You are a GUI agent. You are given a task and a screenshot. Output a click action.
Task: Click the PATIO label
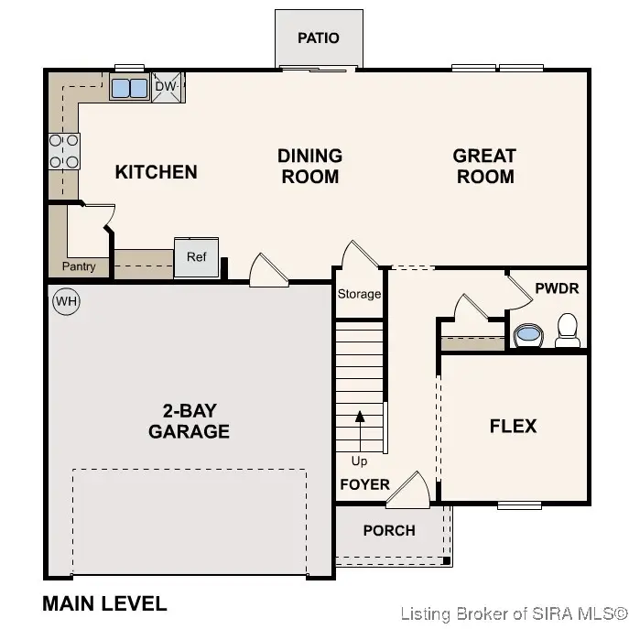(319, 38)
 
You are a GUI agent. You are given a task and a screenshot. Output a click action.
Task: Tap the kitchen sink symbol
(129, 88)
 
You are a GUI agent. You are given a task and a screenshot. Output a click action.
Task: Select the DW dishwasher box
(166, 87)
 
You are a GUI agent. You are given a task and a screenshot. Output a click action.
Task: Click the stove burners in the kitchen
(64, 151)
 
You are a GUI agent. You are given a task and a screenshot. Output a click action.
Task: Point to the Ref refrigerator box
(197, 257)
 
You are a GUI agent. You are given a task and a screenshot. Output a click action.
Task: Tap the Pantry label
(79, 267)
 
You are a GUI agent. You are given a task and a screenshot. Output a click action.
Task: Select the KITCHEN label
(156, 172)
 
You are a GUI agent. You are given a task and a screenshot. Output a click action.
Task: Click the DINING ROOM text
(309, 167)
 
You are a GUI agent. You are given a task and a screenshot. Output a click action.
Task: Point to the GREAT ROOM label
(484, 167)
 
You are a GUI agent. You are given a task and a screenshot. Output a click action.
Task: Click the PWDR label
(557, 288)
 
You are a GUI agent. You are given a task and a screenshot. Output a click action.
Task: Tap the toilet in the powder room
(568, 330)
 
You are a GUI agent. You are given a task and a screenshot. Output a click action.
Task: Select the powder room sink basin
(527, 334)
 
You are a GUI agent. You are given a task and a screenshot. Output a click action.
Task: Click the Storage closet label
(359, 294)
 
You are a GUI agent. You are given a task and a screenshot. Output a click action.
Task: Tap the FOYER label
(364, 484)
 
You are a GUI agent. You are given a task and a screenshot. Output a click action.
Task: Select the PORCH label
(389, 530)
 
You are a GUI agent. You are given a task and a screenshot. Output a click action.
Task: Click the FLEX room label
(513, 426)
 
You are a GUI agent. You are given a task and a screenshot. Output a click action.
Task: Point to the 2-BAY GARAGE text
(189, 421)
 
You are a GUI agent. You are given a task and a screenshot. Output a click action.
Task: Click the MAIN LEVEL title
(104, 603)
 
